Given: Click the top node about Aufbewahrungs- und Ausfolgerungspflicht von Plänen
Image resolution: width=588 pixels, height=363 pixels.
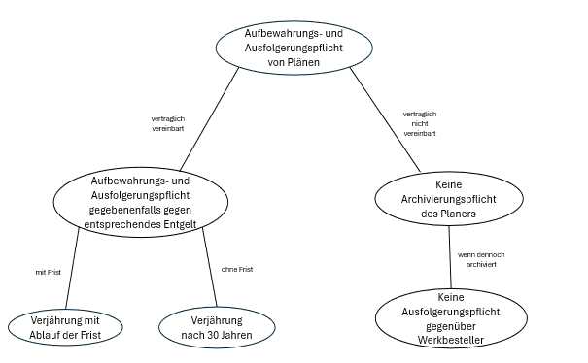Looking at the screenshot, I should [294, 47].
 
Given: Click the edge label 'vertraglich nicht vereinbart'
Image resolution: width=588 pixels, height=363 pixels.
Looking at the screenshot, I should [419, 123].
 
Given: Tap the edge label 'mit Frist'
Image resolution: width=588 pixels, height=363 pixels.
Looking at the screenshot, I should [48, 273].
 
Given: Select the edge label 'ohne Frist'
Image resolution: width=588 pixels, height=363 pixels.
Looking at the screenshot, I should [237, 269].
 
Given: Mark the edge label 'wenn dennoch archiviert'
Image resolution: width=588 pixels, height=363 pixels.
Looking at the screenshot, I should [480, 259].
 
